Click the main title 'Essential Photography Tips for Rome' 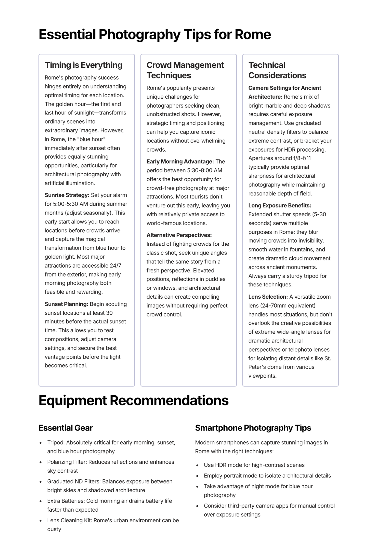click(x=155, y=35)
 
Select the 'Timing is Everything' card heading click(x=84, y=65)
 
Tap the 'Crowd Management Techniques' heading click(x=185, y=70)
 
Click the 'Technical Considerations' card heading click(x=277, y=70)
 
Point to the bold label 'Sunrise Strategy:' click(x=67, y=195)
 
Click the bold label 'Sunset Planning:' click(x=66, y=304)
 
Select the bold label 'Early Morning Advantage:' click(x=180, y=162)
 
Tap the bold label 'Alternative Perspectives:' click(x=179, y=235)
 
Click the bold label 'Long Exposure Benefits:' click(x=280, y=206)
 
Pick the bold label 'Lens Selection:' click(x=268, y=297)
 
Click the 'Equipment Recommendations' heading click(x=133, y=400)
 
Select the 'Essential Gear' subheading click(x=66, y=428)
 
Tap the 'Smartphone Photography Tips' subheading click(x=253, y=428)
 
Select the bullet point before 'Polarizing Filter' click(x=41, y=462)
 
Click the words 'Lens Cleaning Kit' click(x=69, y=520)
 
